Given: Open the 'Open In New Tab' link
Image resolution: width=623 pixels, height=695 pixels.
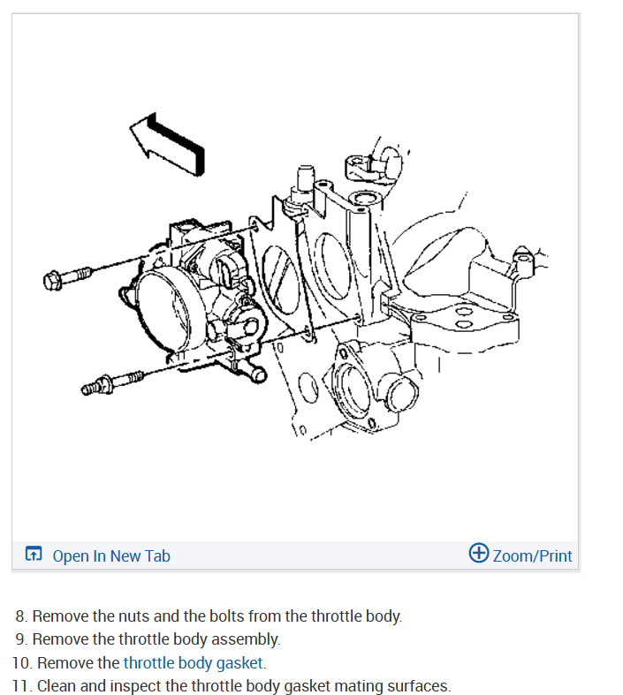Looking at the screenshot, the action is [x=110, y=555].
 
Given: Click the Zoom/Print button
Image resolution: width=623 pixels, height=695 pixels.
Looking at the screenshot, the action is [x=532, y=555].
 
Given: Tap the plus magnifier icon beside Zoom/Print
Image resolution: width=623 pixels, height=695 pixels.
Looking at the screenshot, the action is [x=478, y=554].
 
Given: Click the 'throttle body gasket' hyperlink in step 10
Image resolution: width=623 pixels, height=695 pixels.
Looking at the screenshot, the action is [x=194, y=662].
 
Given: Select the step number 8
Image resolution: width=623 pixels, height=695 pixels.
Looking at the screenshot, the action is [x=21, y=616].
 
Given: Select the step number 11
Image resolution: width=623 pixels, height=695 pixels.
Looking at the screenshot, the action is [x=23, y=685].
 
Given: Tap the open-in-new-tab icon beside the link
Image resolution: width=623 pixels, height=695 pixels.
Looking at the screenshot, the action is [x=34, y=555].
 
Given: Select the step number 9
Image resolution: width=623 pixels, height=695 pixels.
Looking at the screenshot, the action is [x=21, y=638].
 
